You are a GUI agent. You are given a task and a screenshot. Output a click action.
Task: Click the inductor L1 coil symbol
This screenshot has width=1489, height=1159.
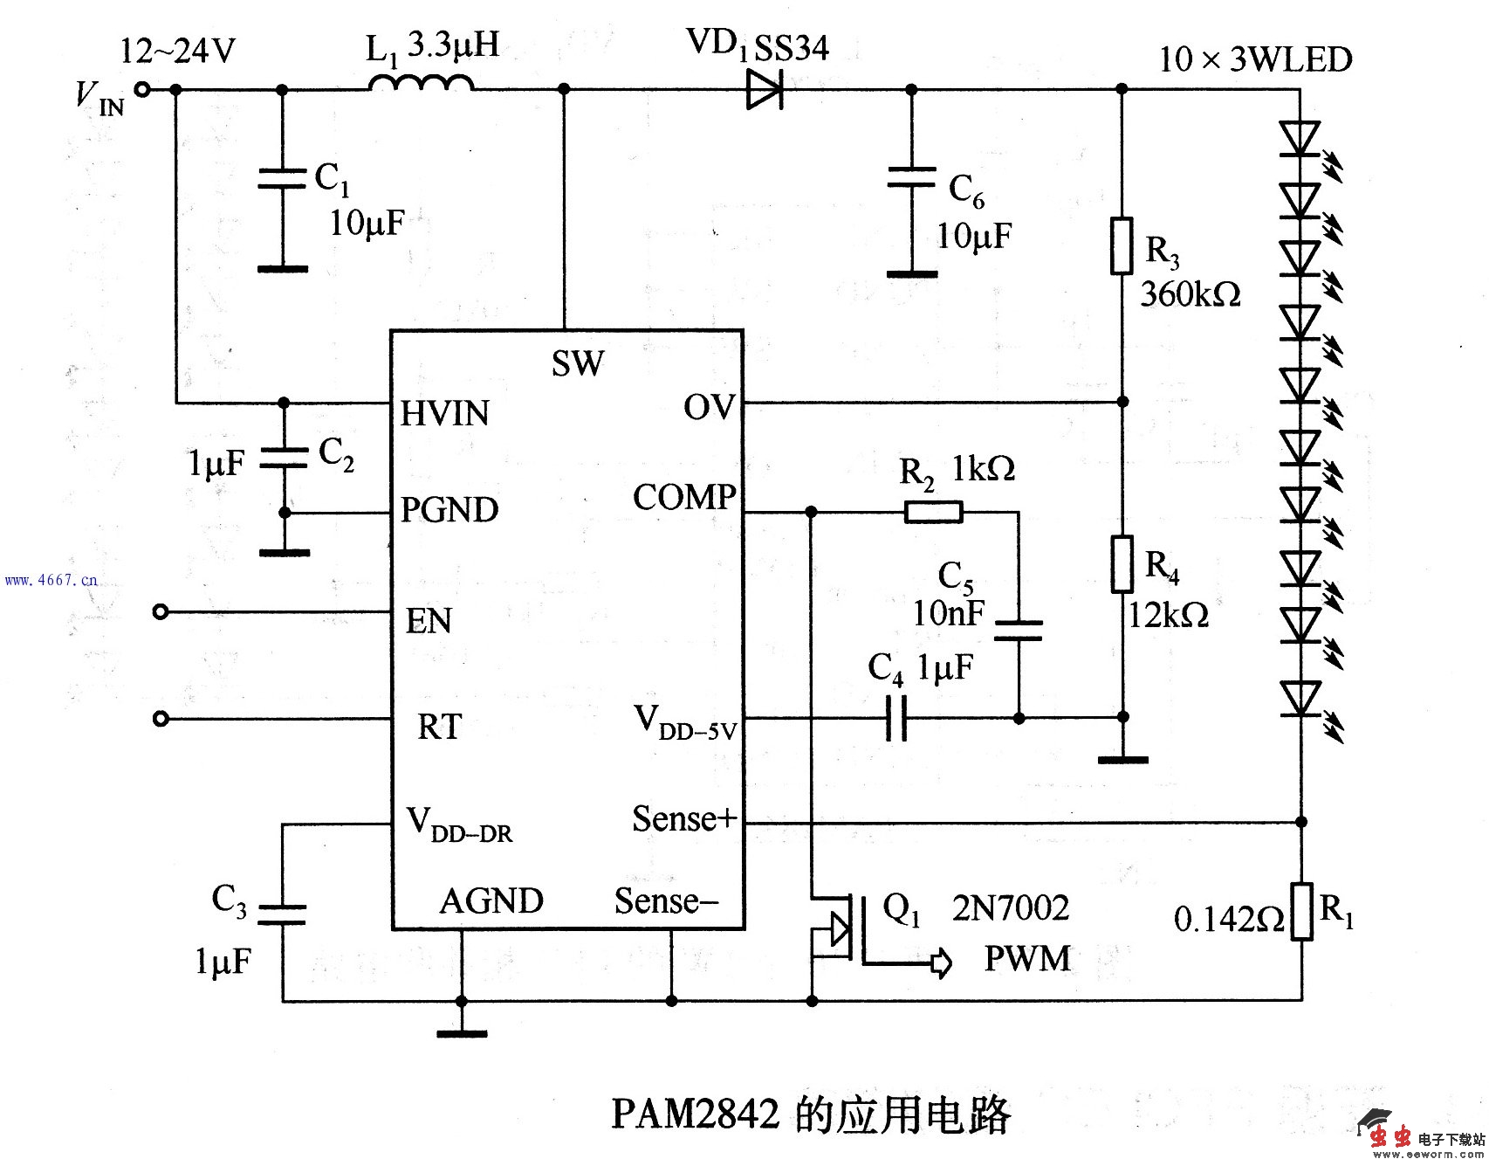tap(421, 84)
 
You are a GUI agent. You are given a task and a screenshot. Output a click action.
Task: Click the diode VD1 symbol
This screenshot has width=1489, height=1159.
tap(765, 89)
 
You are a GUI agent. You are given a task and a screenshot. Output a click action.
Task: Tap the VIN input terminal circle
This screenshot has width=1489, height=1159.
tap(140, 89)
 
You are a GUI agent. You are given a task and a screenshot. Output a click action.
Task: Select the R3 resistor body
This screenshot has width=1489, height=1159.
tap(1122, 245)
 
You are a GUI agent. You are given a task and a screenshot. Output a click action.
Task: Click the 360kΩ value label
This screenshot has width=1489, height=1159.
tap(1191, 293)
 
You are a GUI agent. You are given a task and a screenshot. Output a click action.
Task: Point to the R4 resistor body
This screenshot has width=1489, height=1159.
tap(1122, 564)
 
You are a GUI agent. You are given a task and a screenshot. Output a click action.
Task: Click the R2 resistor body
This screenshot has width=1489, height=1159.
tap(933, 511)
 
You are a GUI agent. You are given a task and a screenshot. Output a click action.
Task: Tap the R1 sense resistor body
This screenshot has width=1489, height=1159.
tap(1301, 911)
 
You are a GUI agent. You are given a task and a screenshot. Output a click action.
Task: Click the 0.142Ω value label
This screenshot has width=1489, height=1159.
tap(1228, 919)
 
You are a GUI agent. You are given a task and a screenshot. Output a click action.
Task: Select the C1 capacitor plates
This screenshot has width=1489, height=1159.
tap(282, 179)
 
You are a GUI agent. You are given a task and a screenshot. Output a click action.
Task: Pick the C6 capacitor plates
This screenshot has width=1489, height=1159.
tap(911, 177)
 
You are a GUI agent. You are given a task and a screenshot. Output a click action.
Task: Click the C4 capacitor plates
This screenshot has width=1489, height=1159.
tap(896, 718)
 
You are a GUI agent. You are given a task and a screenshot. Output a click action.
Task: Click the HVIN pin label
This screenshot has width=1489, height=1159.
tap(444, 413)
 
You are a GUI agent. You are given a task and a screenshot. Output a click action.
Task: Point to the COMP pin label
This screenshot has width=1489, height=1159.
tap(683, 497)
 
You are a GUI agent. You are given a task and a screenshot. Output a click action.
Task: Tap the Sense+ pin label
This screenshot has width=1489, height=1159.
tap(684, 818)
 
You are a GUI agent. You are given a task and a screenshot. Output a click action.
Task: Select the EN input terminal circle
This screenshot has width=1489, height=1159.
tap(160, 612)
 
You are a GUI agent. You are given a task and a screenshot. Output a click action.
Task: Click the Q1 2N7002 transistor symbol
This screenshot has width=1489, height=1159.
tap(838, 930)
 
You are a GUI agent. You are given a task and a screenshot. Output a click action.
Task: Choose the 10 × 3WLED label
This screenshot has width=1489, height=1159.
tap(1255, 59)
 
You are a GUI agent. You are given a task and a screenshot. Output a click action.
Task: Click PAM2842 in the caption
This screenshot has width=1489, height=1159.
tap(695, 1114)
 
